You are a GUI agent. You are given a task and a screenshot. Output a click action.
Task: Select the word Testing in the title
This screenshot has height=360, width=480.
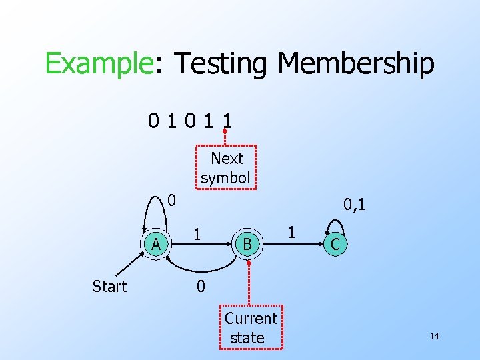(x=222, y=65)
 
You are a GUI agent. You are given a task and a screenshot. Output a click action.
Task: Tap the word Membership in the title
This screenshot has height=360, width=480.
(x=356, y=65)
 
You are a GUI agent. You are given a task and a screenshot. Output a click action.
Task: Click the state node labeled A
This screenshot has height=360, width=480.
(x=156, y=244)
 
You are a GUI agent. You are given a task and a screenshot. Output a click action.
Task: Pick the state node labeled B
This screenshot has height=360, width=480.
(x=247, y=245)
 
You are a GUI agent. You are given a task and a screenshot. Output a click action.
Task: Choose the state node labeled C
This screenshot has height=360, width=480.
(x=335, y=245)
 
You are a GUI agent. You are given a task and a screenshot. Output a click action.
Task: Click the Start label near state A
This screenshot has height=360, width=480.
(x=109, y=287)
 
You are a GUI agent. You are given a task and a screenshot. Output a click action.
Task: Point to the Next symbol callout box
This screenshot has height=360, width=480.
(x=227, y=168)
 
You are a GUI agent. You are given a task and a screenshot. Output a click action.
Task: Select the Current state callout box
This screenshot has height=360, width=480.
(x=251, y=328)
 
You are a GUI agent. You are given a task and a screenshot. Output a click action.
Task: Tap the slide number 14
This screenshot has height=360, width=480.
(x=434, y=336)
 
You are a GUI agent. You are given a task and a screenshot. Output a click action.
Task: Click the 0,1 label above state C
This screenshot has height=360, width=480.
(x=354, y=204)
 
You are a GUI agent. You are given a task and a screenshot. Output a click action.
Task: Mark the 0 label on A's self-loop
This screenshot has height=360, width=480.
(x=171, y=199)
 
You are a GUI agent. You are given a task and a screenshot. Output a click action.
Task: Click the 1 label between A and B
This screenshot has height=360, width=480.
(x=197, y=234)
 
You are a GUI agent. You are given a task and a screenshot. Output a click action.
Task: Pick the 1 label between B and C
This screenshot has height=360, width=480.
(x=291, y=233)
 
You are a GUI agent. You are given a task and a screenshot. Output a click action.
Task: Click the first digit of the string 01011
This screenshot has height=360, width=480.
(x=154, y=121)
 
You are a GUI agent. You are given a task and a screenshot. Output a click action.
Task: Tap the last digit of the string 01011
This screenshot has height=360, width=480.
(x=228, y=121)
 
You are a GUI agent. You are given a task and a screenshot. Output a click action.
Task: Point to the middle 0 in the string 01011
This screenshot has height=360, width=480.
(x=191, y=121)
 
